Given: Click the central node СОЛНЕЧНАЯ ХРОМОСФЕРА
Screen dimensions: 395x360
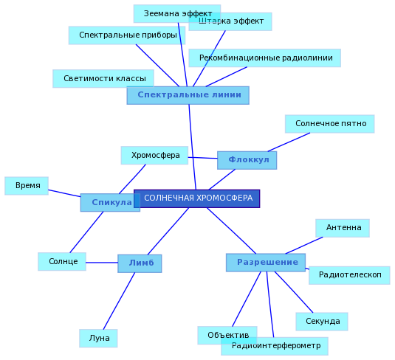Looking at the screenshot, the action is (196, 198).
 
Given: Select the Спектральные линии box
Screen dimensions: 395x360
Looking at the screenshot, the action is (188, 95).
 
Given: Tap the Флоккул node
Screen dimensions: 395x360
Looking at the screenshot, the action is (247, 160).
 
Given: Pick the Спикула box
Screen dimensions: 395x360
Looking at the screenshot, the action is (110, 202).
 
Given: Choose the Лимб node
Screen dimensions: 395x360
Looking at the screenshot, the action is (140, 263).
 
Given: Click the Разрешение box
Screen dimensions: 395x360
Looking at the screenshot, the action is (266, 263).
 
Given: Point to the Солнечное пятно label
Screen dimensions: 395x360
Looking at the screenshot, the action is (329, 124).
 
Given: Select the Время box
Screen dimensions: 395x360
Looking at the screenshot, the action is (27, 186).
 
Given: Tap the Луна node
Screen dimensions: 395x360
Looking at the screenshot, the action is (98, 339).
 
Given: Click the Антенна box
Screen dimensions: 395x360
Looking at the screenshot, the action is (343, 228).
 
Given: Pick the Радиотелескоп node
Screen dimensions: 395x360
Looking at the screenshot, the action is (349, 275).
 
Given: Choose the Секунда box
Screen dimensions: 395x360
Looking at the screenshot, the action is (322, 322).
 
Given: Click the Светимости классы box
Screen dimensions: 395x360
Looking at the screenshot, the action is (103, 78).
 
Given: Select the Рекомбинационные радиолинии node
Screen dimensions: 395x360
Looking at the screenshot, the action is (265, 58).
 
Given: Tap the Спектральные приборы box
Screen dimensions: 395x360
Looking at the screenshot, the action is (127, 35).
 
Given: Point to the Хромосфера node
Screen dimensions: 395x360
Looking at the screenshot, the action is (154, 156).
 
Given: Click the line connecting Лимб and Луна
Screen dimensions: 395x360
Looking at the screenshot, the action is (119, 301).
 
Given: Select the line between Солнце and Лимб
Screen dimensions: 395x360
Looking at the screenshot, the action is (102, 263).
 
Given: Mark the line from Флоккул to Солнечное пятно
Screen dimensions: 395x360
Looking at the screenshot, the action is (289, 142).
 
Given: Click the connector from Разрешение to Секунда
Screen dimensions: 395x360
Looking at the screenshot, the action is (294, 292).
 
